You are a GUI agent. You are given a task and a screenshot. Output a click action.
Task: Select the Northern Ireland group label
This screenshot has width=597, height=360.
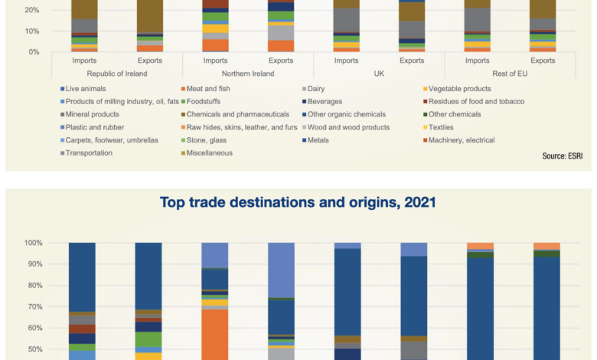(248, 74)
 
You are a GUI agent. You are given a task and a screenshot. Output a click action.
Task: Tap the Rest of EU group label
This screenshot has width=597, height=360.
(510, 74)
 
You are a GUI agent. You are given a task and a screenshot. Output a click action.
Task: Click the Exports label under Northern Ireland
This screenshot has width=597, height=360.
(280, 61)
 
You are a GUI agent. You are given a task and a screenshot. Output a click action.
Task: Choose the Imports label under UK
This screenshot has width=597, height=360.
(346, 61)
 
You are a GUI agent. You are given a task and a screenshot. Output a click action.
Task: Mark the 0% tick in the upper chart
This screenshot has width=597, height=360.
(34, 52)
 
